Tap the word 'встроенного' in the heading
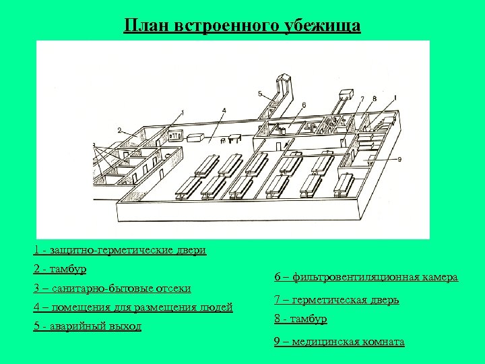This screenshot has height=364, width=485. pyautogui.click(x=230, y=26)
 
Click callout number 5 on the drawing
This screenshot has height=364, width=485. pyautogui.click(x=259, y=94)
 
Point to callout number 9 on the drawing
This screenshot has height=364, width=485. pyautogui.click(x=399, y=159)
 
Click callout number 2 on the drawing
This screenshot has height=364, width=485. pyautogui.click(x=120, y=129)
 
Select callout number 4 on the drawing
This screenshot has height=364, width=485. pyautogui.click(x=224, y=111)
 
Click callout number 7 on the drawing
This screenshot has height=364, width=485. pyautogui.click(x=362, y=99)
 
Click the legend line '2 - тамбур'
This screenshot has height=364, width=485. pyautogui.click(x=60, y=269)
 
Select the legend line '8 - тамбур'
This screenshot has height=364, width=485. pyautogui.click(x=300, y=319)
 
